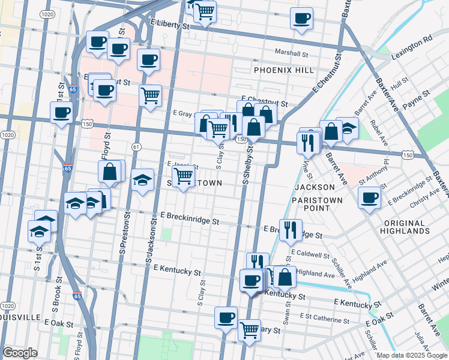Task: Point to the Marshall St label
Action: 292,53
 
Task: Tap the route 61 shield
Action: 136,146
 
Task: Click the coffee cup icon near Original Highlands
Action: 369,197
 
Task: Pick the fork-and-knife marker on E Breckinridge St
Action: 291,229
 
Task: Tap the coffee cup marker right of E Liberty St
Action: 302,17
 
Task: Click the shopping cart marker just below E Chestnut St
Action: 150,94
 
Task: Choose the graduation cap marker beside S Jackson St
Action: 143,181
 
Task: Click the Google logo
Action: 20,353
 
